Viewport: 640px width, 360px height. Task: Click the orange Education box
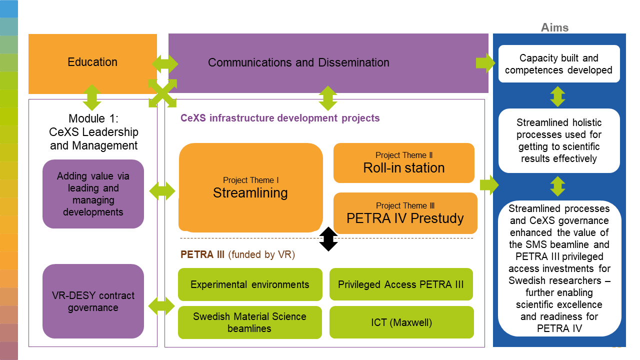pyautogui.click(x=92, y=63)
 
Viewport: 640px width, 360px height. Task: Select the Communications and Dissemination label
pyautogui.click(x=298, y=63)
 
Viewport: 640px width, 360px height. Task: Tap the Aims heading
pyautogui.click(x=554, y=28)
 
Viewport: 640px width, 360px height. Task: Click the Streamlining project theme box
pyautogui.click(x=250, y=187)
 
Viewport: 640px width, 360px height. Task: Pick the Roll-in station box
pyautogui.click(x=403, y=163)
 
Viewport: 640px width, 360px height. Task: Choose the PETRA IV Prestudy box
pyautogui.click(x=405, y=213)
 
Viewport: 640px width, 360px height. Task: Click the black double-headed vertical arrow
pyautogui.click(x=328, y=239)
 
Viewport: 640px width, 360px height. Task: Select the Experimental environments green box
pyautogui.click(x=250, y=284)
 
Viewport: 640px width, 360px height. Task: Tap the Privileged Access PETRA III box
pyautogui.click(x=401, y=284)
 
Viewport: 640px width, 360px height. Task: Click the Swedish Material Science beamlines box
pyautogui.click(x=250, y=322)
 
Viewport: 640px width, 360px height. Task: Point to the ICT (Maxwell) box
pyautogui.click(x=401, y=322)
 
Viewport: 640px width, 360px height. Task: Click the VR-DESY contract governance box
pyautogui.click(x=93, y=301)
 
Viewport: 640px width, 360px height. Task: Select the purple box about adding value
pyautogui.click(x=93, y=194)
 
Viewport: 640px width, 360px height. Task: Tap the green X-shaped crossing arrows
pyautogui.click(x=162, y=93)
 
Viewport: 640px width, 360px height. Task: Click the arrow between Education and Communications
pyautogui.click(x=164, y=63)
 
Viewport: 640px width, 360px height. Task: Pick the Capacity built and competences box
pyautogui.click(x=558, y=64)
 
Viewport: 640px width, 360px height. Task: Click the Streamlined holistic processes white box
pyautogui.click(x=558, y=140)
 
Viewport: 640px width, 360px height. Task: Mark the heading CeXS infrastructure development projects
pyautogui.click(x=280, y=118)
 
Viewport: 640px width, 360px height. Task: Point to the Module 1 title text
pyautogui.click(x=93, y=132)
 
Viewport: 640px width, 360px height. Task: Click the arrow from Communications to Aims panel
pyautogui.click(x=484, y=63)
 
